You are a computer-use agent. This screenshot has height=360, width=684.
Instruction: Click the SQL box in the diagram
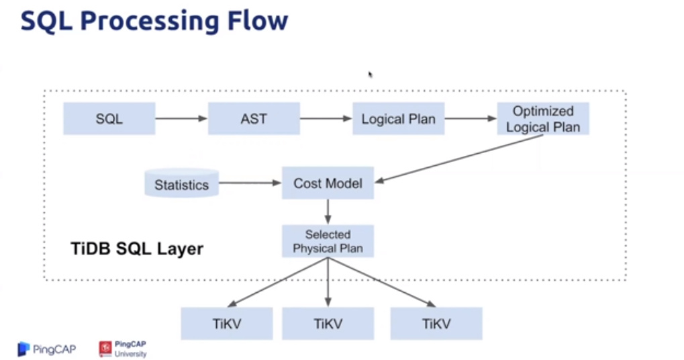coord(109,118)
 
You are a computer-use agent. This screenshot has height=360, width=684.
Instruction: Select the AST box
coord(254,118)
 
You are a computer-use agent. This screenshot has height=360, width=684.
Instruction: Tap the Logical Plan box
coord(398,119)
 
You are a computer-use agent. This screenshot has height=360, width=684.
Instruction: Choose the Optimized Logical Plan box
coord(543,118)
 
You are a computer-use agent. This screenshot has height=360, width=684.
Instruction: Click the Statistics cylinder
coord(182,183)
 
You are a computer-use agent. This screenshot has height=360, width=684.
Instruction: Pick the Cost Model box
coord(328,183)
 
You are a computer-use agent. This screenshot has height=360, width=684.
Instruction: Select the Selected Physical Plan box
coord(328,241)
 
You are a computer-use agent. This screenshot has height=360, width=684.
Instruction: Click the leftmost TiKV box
coord(227,323)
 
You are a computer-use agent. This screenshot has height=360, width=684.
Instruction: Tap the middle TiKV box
coord(328,323)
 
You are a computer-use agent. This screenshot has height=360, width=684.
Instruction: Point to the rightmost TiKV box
coord(436,323)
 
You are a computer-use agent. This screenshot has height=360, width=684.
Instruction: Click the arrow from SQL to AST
coord(181,119)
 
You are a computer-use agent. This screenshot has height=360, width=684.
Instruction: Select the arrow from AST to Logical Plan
coord(326,119)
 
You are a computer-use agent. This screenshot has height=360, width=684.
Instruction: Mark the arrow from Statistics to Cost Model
coord(250,183)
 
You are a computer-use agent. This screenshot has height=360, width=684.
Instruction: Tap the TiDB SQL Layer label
coord(137,249)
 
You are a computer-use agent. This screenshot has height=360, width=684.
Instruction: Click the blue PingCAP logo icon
coord(24,349)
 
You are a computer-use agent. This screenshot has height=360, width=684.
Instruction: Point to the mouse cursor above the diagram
coord(370,75)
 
